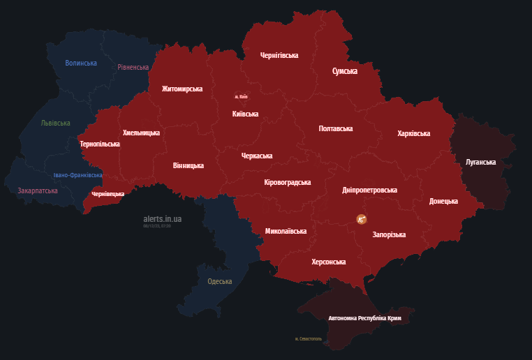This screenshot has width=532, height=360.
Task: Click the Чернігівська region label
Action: [x=279, y=54]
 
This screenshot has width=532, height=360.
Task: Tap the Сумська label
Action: [x=345, y=71]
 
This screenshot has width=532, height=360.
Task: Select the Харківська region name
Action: [x=413, y=133]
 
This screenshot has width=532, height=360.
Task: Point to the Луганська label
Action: [x=480, y=162]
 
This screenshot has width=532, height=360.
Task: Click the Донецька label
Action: [x=443, y=201]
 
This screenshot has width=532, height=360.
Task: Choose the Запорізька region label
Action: [x=389, y=235]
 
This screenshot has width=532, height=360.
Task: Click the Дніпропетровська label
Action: [x=370, y=190]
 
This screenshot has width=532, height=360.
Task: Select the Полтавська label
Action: [x=336, y=128]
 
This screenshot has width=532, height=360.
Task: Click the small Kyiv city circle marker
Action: [x=240, y=96]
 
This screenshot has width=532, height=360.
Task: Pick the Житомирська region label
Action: [x=182, y=89]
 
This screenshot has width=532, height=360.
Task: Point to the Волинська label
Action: [x=81, y=63]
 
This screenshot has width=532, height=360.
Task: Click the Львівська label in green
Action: [x=56, y=123]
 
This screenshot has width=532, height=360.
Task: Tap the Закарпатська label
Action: [x=38, y=190]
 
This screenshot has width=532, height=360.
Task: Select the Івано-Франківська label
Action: [x=78, y=175]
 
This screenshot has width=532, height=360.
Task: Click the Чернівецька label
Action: [x=108, y=194]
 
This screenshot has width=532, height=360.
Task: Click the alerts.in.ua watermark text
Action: [x=162, y=218]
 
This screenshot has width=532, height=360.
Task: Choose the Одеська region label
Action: [x=220, y=282]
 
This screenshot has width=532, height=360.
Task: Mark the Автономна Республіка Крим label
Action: [x=364, y=318]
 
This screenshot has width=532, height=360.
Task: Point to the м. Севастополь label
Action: [x=309, y=339]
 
